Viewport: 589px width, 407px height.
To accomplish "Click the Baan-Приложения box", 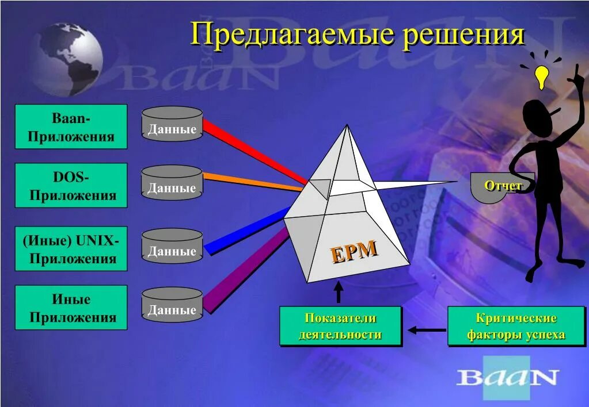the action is tap(71, 126).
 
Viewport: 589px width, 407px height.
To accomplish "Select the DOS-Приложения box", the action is tap(71, 185).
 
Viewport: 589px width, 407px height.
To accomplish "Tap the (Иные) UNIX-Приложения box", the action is tap(71, 248).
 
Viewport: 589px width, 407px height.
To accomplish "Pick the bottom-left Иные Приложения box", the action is tap(71, 307).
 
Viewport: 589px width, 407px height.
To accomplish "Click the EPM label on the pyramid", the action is tap(354, 252).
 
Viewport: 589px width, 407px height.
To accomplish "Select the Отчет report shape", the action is tap(502, 185).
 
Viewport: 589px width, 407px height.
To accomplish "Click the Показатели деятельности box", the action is tap(340, 327).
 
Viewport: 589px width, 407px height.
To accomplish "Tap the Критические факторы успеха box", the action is tap(516, 327).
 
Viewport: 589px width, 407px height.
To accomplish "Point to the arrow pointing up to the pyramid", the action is tap(339, 291).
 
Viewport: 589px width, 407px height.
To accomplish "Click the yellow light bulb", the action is tap(541, 76).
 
